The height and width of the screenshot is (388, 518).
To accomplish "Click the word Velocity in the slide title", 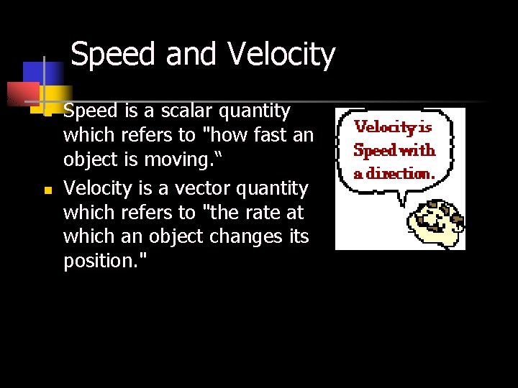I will click(281, 55).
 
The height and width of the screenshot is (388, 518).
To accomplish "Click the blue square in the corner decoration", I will click(42, 73).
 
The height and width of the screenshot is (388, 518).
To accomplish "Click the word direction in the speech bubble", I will click(401, 173).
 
